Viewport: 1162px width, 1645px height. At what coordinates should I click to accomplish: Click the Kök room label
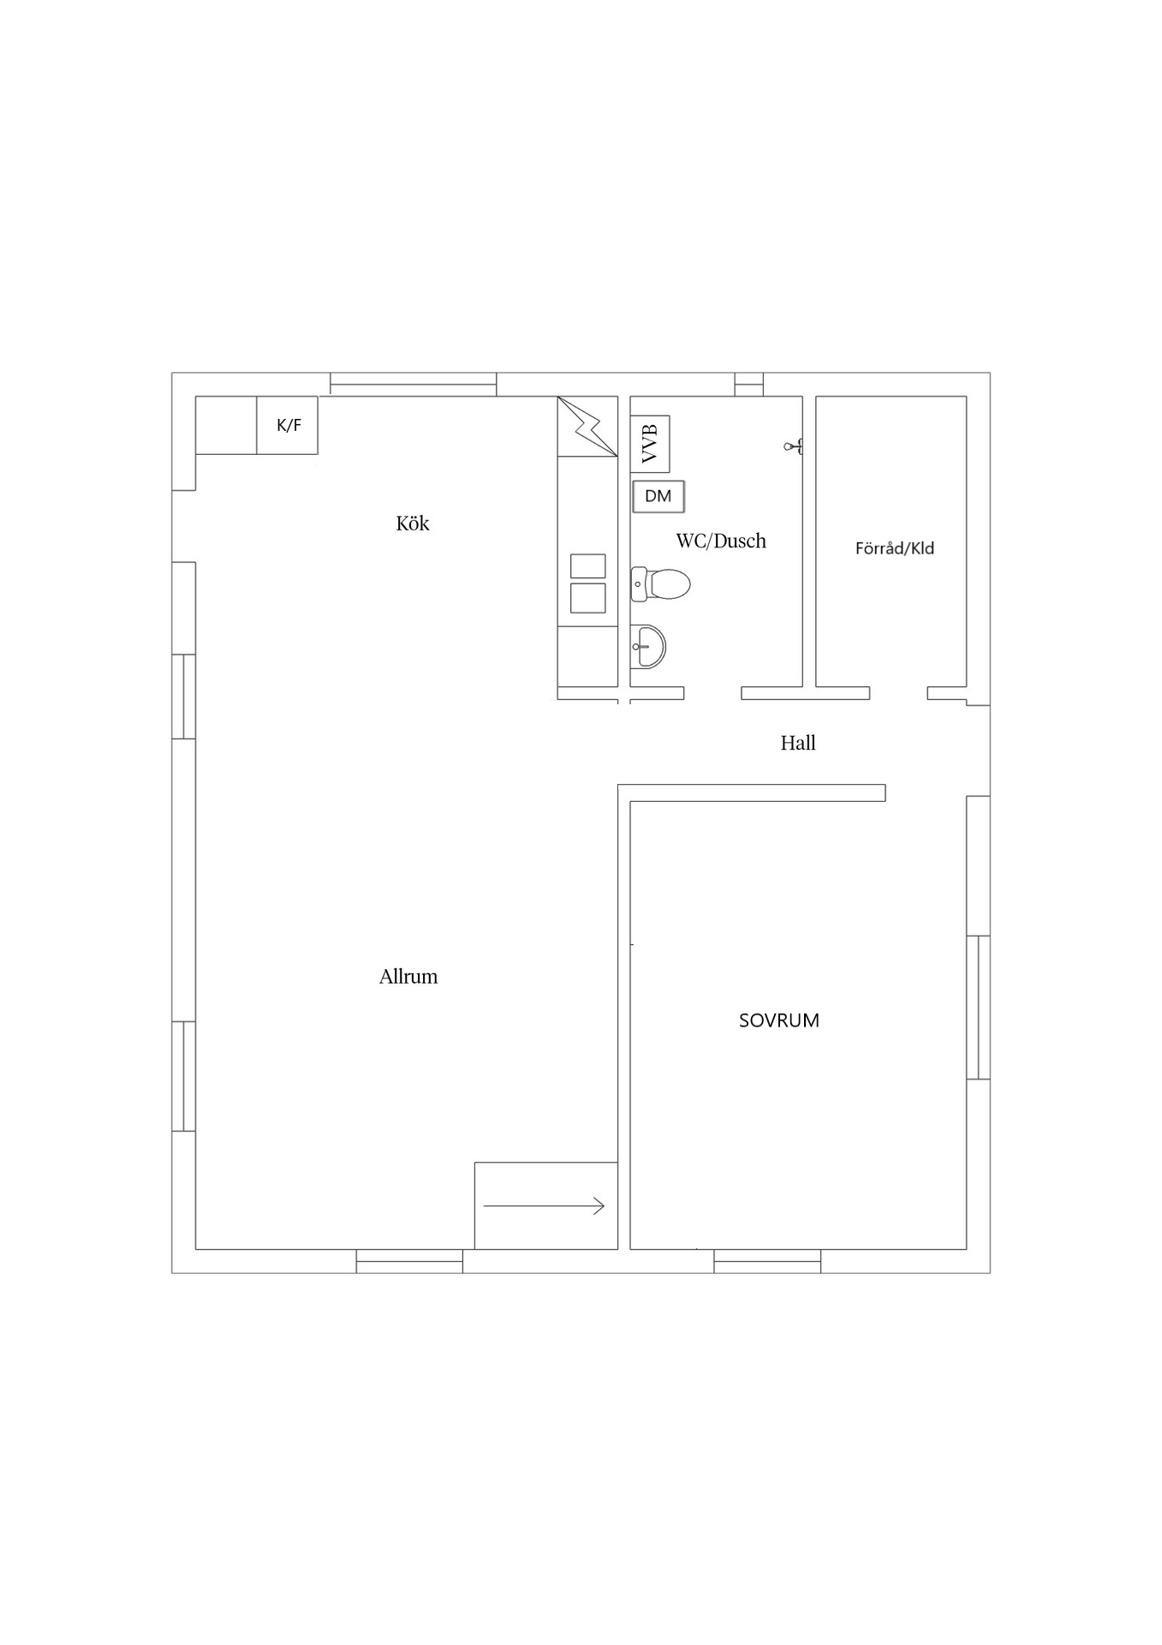pos(412,523)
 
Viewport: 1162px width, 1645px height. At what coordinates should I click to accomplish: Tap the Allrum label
pos(408,977)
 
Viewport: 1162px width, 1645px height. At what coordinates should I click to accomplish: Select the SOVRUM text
pos(779,1020)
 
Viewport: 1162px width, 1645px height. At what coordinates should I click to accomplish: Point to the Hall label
pos(798,743)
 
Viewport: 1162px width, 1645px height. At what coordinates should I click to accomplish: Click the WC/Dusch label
pos(721,541)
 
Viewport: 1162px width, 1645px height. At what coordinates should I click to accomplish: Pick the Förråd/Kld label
pos(895,548)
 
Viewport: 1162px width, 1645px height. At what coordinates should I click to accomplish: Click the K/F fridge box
pos(288,425)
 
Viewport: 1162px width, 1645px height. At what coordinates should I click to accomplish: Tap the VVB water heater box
pos(650,444)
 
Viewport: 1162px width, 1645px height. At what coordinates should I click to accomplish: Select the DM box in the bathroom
pos(658,496)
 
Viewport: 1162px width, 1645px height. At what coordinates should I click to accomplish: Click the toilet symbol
pos(660,584)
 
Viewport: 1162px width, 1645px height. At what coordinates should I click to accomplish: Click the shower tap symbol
pos(793,446)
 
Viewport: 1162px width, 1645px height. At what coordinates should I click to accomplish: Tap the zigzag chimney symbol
pos(587,426)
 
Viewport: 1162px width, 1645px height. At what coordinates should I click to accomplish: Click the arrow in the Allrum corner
pos(545,1206)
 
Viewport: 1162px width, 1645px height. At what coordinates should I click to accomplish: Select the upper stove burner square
pos(588,566)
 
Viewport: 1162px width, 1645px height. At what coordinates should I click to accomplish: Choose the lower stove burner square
pos(588,598)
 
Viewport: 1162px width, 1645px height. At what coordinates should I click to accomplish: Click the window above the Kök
pos(414,384)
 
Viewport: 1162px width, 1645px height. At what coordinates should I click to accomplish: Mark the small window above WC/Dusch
pos(748,384)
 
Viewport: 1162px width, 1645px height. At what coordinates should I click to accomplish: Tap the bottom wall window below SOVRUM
pos(767,1261)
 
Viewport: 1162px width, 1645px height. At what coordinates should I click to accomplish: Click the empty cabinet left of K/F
pos(226,425)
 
